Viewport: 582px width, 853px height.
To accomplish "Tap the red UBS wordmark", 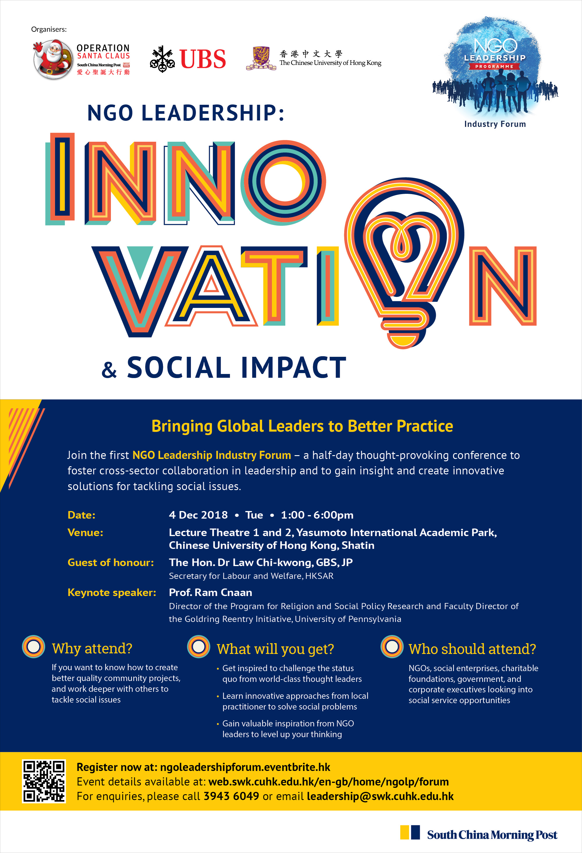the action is (203, 59).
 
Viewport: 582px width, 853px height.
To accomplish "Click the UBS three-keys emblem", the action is (162, 59).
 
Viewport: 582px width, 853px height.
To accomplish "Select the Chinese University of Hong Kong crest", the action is (261, 58).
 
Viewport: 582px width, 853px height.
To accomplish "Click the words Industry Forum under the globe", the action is (495, 124).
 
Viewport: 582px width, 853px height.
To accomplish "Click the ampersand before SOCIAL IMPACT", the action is (109, 370).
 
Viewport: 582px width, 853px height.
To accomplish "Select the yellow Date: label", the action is (81, 515).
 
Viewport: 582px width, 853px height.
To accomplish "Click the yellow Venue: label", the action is (86, 533).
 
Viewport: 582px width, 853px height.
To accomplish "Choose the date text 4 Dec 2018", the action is (198, 515).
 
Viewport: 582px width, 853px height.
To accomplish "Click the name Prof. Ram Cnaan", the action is (210, 593).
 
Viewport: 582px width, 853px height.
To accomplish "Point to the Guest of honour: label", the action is (111, 562).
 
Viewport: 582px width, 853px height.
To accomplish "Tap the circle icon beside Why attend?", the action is (33, 647).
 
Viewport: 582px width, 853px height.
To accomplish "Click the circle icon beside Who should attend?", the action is (392, 647).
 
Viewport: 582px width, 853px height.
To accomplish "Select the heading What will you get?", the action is (275, 649).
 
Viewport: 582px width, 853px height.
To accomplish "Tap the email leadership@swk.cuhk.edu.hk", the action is (380, 796).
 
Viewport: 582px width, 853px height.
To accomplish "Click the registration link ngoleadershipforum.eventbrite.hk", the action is (245, 767).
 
